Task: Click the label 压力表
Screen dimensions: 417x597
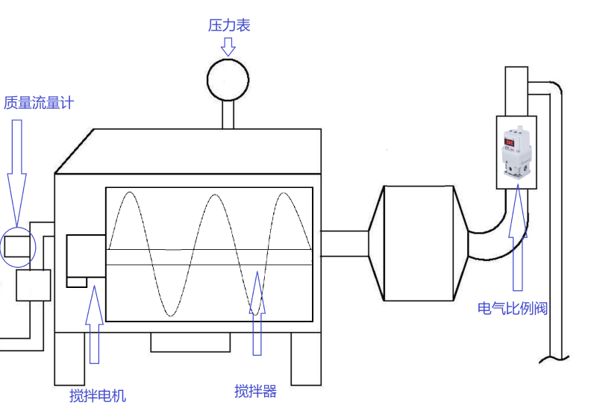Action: coord(229,25)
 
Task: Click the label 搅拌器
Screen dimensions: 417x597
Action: coord(255,391)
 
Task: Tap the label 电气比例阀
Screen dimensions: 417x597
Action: coord(513,308)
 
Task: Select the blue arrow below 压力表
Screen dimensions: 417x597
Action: coord(228,47)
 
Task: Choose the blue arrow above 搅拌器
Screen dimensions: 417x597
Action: coord(257,313)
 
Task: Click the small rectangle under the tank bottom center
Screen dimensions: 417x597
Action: coord(190,342)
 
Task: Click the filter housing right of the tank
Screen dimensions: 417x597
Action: coord(419,243)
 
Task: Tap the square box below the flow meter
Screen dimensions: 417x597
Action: coord(33,285)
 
